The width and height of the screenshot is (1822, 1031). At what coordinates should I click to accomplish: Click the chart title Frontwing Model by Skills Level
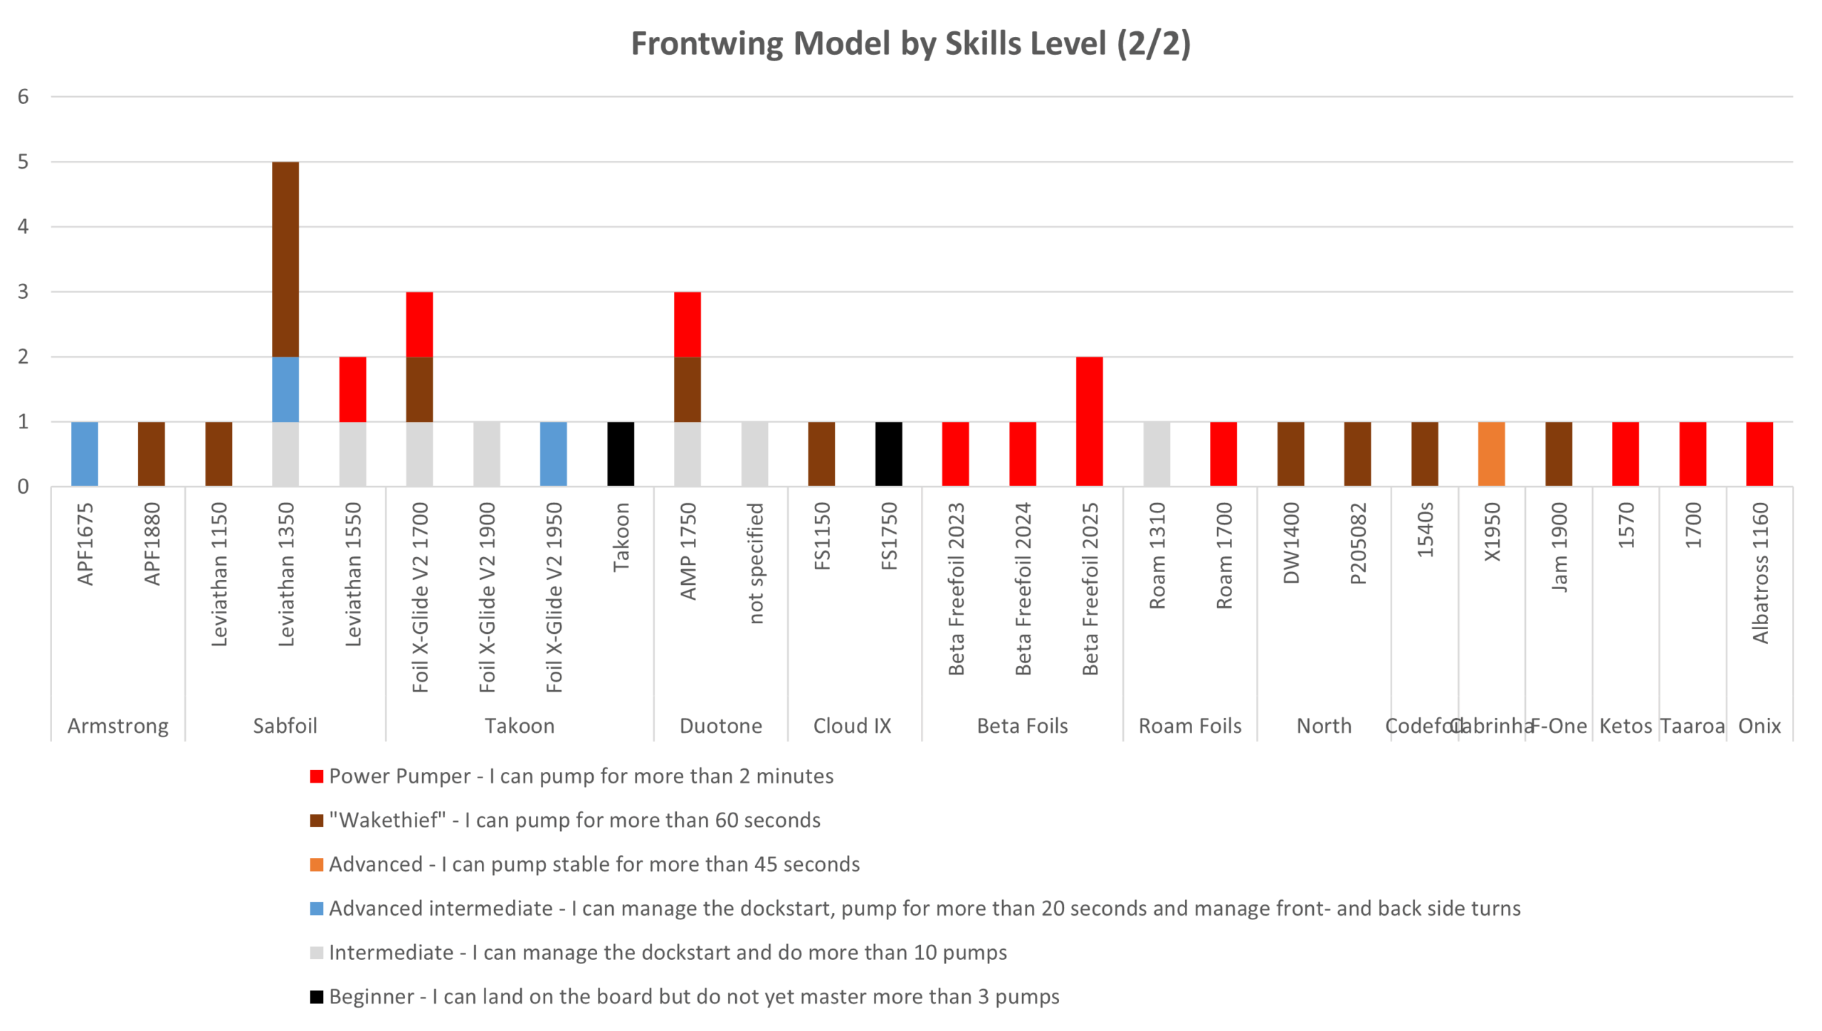tap(910, 43)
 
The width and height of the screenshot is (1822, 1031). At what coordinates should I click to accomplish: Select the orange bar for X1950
tap(1491, 454)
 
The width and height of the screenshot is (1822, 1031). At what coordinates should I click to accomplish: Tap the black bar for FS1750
tap(888, 454)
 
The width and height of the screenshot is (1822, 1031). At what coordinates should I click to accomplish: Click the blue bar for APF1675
tap(85, 454)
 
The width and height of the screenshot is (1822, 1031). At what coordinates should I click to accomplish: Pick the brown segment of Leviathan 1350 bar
tap(285, 259)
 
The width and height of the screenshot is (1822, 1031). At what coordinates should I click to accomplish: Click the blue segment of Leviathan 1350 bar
tap(285, 389)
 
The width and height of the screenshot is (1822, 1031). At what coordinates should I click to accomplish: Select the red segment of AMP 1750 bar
tap(687, 324)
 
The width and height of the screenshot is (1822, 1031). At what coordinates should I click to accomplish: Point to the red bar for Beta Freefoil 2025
tap(1089, 421)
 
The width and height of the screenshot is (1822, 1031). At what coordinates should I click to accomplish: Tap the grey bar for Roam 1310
tap(1157, 454)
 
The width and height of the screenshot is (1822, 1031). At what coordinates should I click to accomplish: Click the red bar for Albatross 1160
tap(1759, 454)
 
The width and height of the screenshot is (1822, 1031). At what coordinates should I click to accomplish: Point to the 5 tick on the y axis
tap(23, 162)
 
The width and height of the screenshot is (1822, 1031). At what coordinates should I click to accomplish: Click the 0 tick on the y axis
tap(23, 487)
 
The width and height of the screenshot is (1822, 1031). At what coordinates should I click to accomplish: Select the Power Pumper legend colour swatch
tap(317, 776)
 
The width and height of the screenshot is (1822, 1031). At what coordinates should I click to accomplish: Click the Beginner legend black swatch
tap(317, 997)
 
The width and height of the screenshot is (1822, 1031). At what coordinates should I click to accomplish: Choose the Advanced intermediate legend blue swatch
tap(317, 909)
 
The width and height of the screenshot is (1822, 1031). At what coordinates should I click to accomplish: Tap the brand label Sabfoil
tap(285, 726)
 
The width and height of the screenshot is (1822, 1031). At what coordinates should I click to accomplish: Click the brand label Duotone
tap(720, 726)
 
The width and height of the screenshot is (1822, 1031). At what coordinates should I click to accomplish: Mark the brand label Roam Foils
tap(1189, 726)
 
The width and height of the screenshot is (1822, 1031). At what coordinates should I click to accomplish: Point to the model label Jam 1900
tap(1559, 547)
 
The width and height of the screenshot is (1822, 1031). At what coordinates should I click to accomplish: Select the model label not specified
tap(755, 563)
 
